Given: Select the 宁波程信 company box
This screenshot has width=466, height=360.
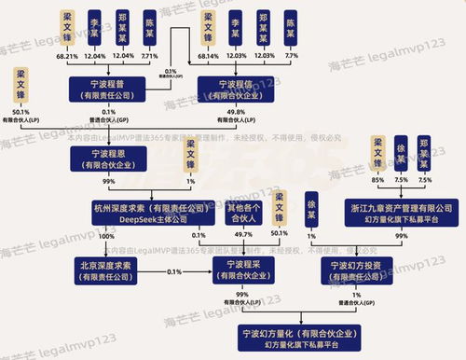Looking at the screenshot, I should pos(238,90).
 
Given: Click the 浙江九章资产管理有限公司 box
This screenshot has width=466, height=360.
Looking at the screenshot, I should pos(390,212).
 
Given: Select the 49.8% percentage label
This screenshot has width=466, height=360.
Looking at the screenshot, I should pos(237,110).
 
